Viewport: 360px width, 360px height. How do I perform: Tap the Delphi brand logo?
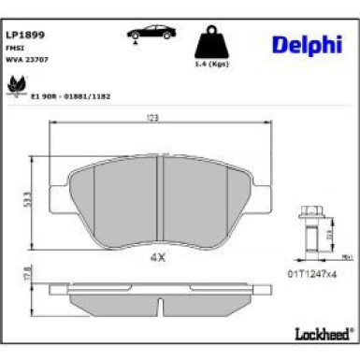pos(306,44)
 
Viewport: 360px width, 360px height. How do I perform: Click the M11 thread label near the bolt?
pos(344,255)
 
